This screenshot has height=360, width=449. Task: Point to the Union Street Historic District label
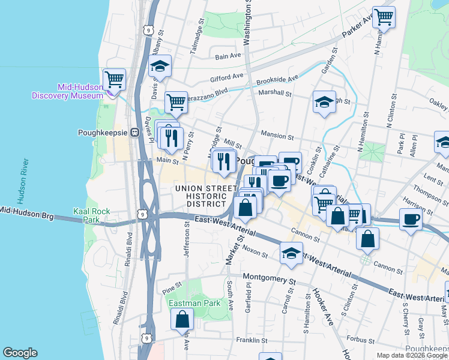click(x=205, y=196)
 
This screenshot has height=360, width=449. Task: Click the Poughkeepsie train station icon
click(x=136, y=133)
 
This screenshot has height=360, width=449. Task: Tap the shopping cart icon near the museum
click(x=114, y=79)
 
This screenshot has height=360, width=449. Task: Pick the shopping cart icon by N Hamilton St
click(x=384, y=17)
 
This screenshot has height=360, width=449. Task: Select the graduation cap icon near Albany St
click(x=160, y=66)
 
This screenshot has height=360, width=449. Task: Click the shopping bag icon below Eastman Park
click(x=182, y=320)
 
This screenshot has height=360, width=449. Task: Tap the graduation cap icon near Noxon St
click(x=291, y=253)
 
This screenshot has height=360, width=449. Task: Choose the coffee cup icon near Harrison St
click(x=411, y=219)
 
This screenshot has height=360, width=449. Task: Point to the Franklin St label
click(x=251, y=340)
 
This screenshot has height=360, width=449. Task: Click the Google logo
click(x=20, y=353)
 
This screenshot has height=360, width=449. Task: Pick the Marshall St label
click(x=274, y=93)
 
